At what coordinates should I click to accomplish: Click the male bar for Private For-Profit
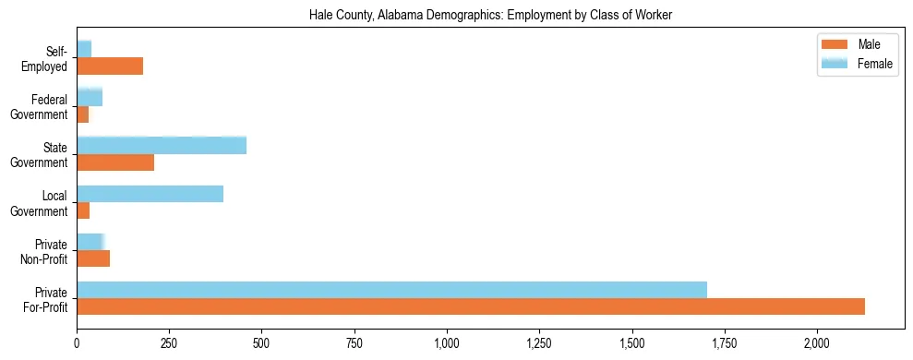pos(471,306)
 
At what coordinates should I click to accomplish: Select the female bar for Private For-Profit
pos(391,290)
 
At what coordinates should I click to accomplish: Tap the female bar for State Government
pos(162,145)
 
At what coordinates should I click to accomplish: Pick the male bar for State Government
pos(115,162)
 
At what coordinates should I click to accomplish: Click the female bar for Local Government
pos(150,194)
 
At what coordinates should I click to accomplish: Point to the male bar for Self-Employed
pos(110,66)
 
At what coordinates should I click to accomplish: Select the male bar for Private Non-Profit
pos(93,258)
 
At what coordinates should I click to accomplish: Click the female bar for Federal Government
pos(90,97)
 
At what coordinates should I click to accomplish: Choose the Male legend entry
pos(857,44)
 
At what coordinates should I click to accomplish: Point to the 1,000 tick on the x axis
pos(447,343)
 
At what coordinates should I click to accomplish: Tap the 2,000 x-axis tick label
pos(817,343)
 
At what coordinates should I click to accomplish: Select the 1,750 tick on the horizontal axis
pos(725,343)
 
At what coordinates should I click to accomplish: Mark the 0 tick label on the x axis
pos(77,343)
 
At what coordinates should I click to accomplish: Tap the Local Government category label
pos(40,203)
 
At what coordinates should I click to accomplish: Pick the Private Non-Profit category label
pos(42,251)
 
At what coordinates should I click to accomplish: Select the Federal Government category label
pos(40,107)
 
